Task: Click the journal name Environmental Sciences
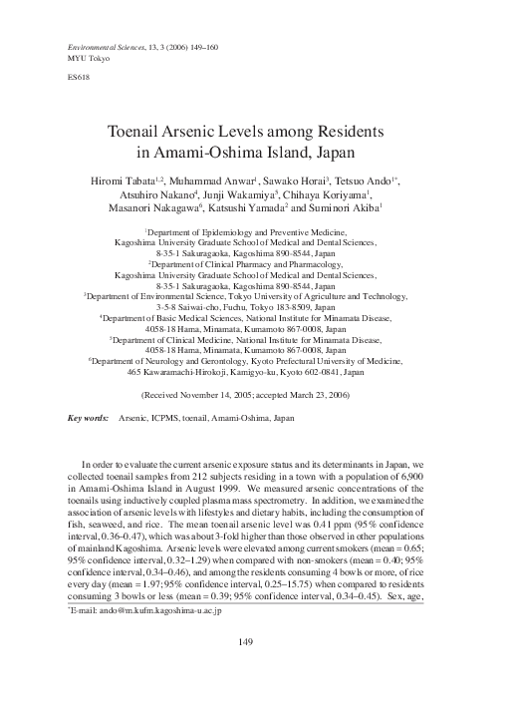[103, 48]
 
